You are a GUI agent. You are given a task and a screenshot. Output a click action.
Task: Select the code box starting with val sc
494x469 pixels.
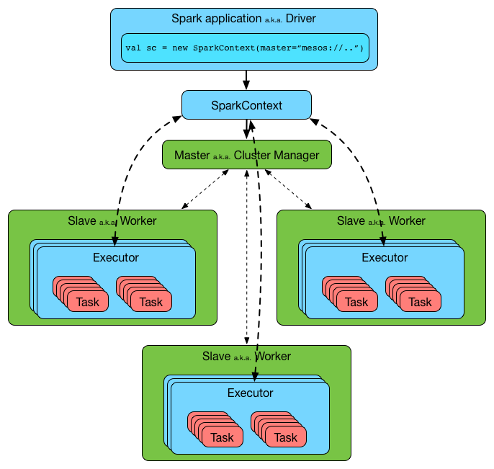pyautogui.click(x=245, y=48)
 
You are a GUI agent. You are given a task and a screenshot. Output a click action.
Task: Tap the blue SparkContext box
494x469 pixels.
pyautogui.click(x=246, y=105)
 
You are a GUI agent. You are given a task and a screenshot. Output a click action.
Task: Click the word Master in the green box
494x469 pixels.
pyautogui.click(x=192, y=155)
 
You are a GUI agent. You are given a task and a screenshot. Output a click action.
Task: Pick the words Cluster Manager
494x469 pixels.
pyautogui.click(x=277, y=155)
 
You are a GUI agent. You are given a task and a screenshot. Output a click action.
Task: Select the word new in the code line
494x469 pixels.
pyautogui.click(x=180, y=48)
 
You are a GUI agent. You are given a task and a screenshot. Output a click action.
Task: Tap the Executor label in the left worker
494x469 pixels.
pyautogui.click(x=116, y=257)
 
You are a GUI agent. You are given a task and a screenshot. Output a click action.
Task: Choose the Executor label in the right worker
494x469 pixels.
pyautogui.click(x=385, y=257)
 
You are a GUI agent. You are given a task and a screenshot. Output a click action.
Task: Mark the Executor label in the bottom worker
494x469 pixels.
pyautogui.click(x=250, y=393)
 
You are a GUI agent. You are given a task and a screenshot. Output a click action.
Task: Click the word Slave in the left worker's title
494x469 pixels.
pyautogui.click(x=82, y=220)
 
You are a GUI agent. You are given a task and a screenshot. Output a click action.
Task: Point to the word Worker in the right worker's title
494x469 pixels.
pyautogui.click(x=407, y=220)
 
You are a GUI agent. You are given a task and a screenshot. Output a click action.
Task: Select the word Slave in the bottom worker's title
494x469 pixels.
pyautogui.click(x=217, y=356)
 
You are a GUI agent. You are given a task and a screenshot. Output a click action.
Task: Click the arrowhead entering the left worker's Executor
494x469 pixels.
pyautogui.click(x=114, y=242)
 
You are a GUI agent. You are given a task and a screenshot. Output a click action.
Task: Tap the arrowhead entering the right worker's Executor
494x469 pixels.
pyautogui.click(x=383, y=242)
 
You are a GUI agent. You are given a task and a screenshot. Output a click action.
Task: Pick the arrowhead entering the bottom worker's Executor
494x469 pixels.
pyautogui.click(x=254, y=377)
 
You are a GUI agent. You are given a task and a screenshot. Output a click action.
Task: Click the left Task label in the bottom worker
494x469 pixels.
pyautogui.click(x=222, y=437)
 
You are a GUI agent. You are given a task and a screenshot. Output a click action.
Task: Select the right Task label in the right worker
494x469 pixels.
pyautogui.click(x=420, y=302)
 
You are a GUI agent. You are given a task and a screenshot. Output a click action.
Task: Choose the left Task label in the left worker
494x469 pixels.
pyautogui.click(x=88, y=302)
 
